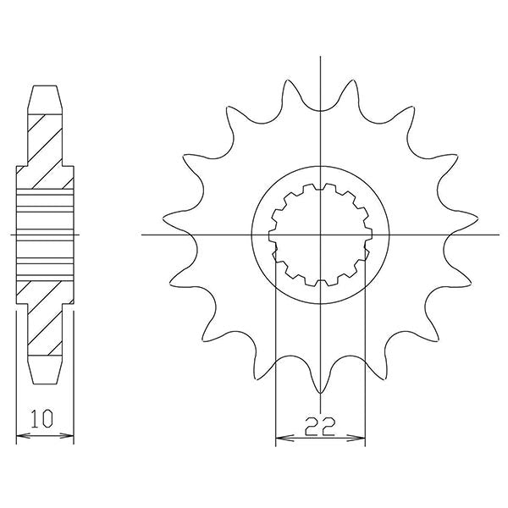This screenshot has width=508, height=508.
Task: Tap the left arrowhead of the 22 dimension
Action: [280, 439]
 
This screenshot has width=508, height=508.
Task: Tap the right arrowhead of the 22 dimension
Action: [362, 439]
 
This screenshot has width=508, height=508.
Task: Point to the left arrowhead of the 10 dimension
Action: [20, 437]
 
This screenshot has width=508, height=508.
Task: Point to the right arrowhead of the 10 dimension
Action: [70, 437]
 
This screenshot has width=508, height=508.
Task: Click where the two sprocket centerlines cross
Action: [321, 235]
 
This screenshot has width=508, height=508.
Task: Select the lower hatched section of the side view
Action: [46, 317]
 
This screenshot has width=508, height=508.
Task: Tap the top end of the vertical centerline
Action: [321, 58]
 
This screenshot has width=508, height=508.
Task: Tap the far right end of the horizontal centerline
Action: [500, 235]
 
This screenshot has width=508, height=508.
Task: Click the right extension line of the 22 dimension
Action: [365, 356]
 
